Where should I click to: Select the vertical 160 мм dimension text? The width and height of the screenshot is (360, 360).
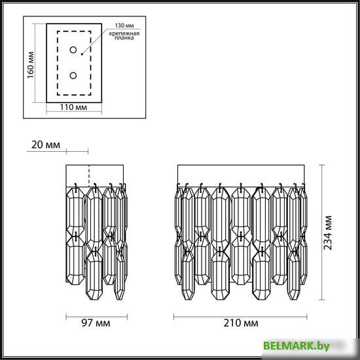(29, 64)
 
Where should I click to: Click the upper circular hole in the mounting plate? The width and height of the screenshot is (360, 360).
(74, 50)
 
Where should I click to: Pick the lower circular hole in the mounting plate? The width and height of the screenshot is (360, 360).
(74, 75)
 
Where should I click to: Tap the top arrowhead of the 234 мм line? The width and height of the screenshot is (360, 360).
(321, 167)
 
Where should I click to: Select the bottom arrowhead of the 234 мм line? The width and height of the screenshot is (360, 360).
(321, 300)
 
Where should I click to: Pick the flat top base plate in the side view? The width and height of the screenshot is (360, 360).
(96, 173)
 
